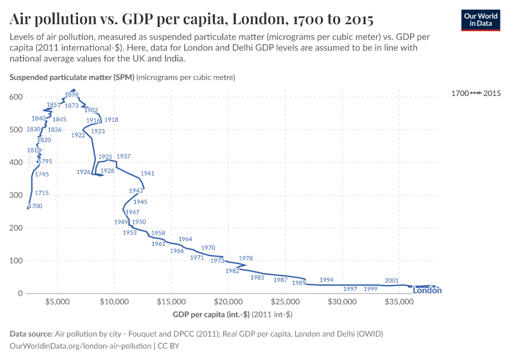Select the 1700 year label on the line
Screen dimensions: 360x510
[35, 206]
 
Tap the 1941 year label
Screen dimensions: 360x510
[148, 173]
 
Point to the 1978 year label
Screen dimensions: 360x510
[245, 258]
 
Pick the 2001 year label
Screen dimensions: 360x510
[392, 280]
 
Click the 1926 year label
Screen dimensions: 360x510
[84, 172]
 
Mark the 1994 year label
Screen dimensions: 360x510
[326, 280]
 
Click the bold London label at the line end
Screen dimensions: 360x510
[428, 291]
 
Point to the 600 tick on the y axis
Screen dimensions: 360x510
[16, 97]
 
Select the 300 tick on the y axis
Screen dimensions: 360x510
[16, 196]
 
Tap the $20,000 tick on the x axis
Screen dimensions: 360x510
[228, 302]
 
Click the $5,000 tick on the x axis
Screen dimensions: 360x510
[58, 302]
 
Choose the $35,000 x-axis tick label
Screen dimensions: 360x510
[399, 302]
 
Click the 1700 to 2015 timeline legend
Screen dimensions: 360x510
[476, 93]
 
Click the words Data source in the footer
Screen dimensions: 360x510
[31, 334]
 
